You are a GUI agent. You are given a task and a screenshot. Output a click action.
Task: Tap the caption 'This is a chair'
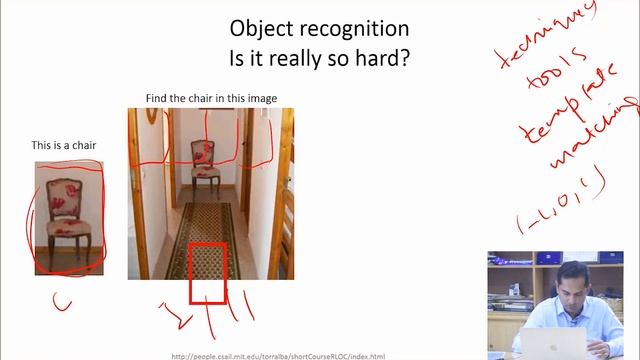coord(63,146)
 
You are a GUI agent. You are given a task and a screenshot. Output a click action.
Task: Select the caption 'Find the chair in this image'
coord(211,98)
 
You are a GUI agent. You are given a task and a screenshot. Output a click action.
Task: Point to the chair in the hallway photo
coord(205,166)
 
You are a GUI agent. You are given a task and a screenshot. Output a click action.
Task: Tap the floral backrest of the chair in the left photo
coord(69,195)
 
